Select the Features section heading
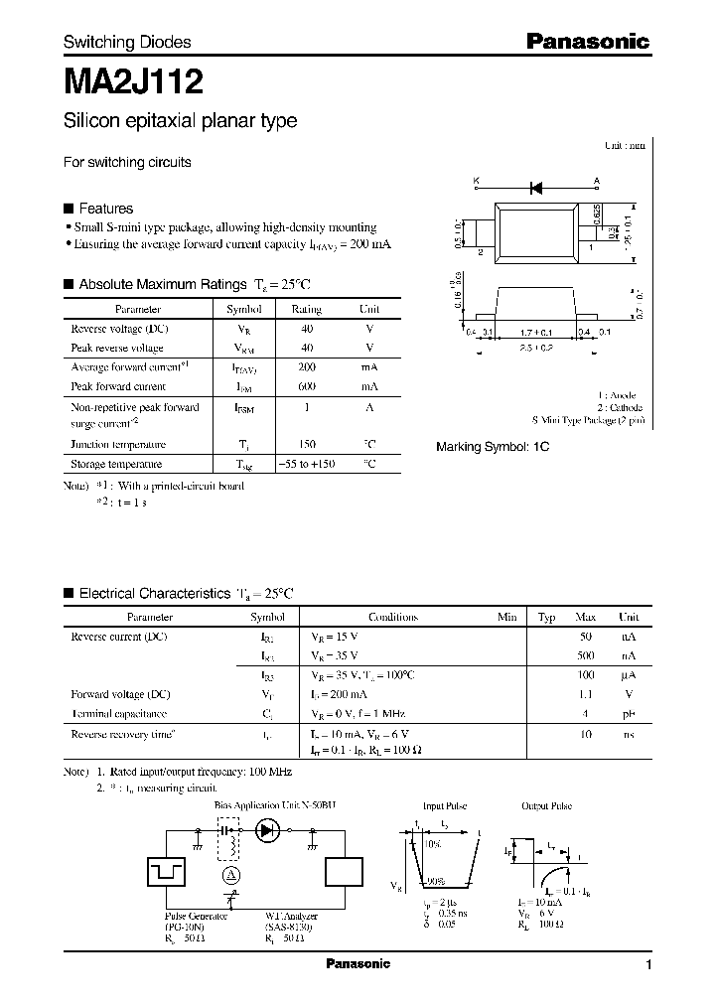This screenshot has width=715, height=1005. (105, 209)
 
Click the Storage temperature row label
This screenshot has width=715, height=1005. (117, 464)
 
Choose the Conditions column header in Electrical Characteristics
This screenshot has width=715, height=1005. (392, 617)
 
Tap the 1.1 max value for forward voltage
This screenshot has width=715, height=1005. (586, 694)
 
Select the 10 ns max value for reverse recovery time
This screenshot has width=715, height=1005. (586, 734)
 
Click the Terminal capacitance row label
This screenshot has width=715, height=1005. (118, 714)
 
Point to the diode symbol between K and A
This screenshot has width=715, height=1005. (536, 187)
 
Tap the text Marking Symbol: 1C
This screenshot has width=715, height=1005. (493, 447)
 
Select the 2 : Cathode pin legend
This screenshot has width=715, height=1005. (620, 408)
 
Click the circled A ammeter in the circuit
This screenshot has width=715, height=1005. (229, 874)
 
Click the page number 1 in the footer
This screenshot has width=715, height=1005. (648, 965)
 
